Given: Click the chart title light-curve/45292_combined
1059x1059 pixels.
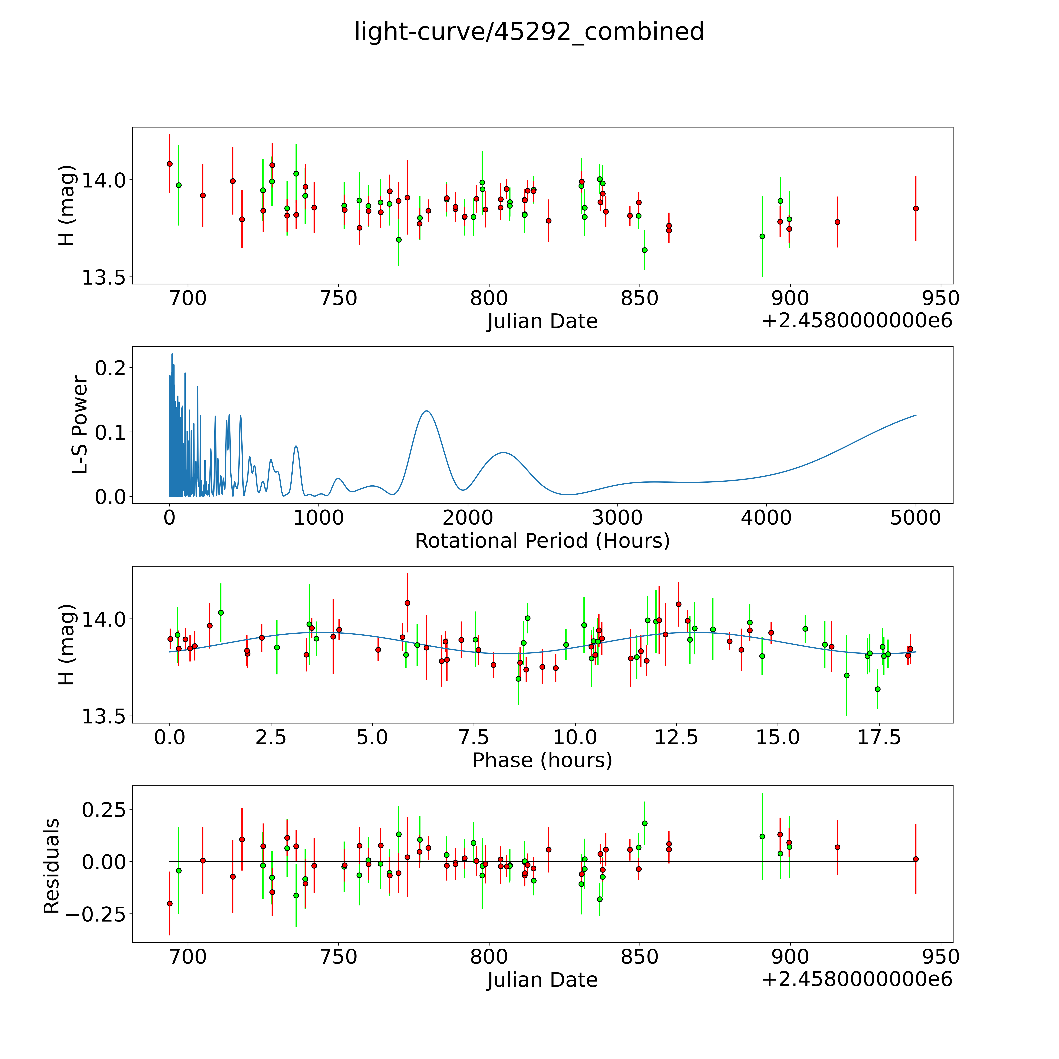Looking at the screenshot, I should point(529,32).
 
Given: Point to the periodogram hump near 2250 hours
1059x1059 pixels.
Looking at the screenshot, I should point(503,453).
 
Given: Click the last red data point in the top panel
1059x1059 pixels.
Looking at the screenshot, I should point(915,208).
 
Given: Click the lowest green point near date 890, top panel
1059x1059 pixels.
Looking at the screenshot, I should point(762,236).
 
